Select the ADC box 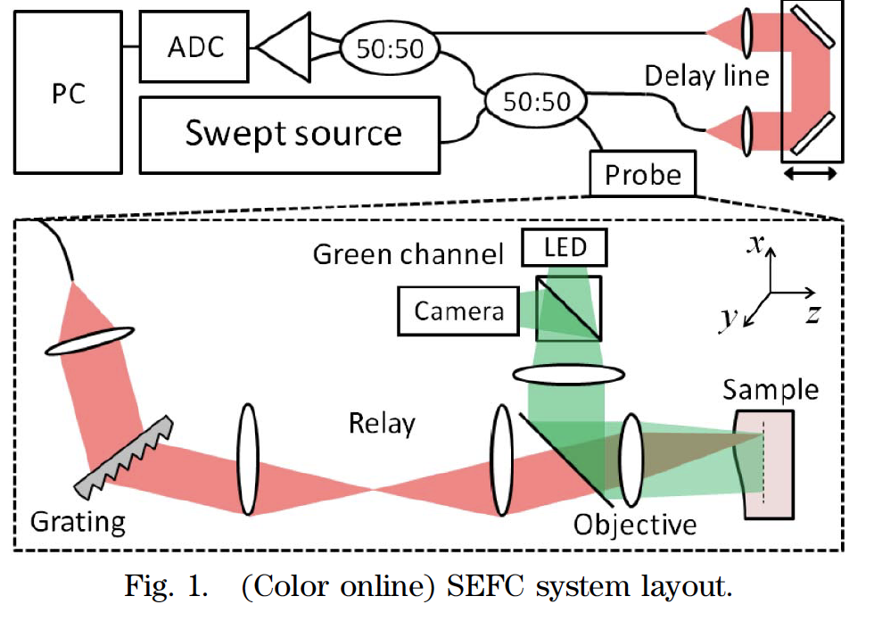pyautogui.click(x=194, y=47)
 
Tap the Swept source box pyautogui.click(x=292, y=134)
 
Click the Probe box pyautogui.click(x=643, y=175)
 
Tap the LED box pyautogui.click(x=565, y=247)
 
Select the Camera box pyautogui.click(x=458, y=310)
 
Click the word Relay pyautogui.click(x=382, y=423)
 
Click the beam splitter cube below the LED pyautogui.click(x=568, y=308)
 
